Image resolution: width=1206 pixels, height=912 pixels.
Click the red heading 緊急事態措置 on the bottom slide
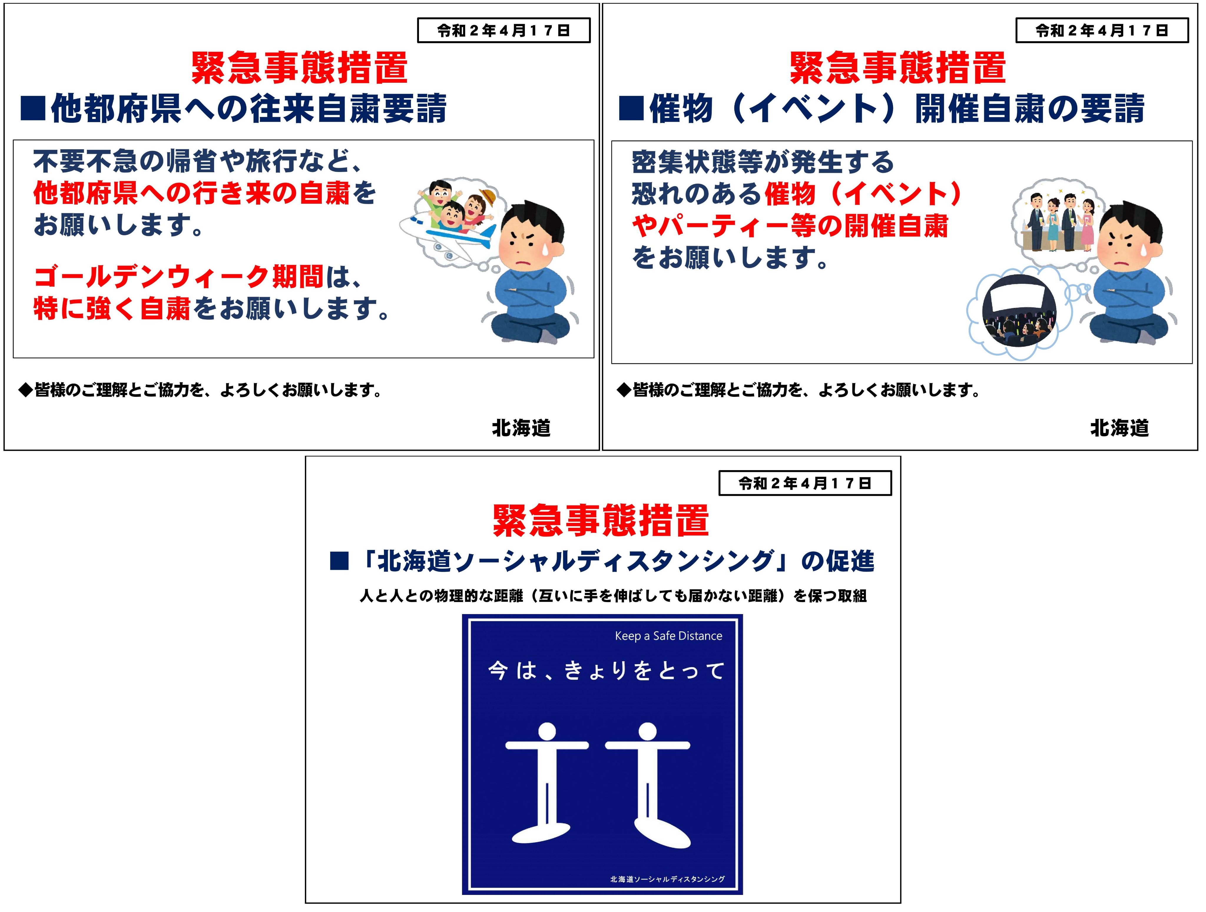tap(600, 520)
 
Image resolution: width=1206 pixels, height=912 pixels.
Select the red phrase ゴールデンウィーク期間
tap(179, 277)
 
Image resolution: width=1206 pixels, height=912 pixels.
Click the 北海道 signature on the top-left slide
tap(521, 428)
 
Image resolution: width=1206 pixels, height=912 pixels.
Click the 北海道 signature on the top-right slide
tap(1119, 428)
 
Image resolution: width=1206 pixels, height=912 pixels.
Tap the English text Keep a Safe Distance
tap(668, 636)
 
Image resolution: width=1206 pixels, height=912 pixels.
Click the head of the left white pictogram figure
tap(547, 732)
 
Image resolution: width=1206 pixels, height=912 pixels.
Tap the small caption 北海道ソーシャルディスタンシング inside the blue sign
tap(667, 879)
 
